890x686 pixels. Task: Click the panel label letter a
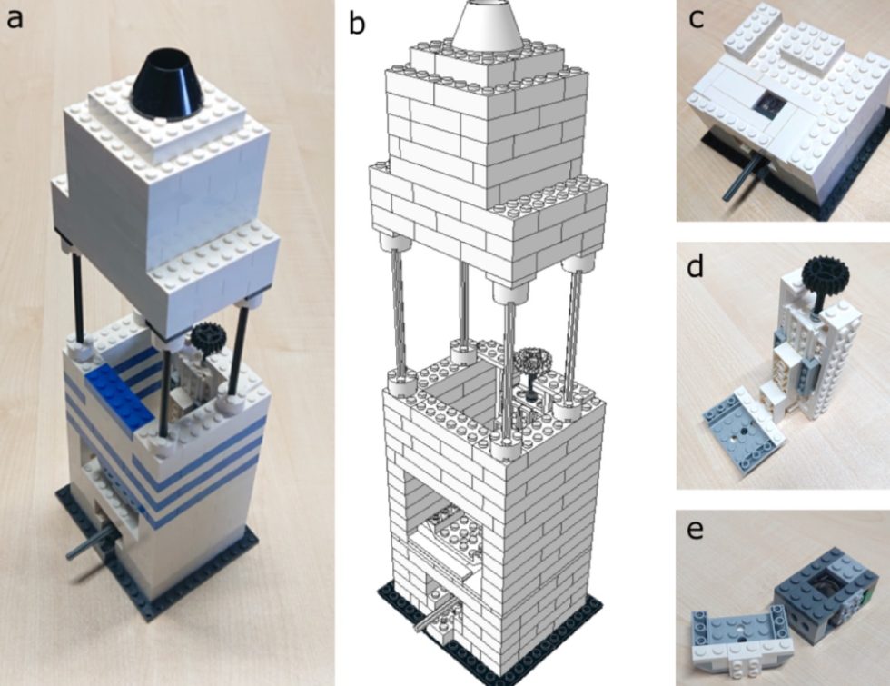15,18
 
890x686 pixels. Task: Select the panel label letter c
697,19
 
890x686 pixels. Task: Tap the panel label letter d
697,270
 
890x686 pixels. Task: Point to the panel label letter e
697,529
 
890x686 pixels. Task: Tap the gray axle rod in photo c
740,178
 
